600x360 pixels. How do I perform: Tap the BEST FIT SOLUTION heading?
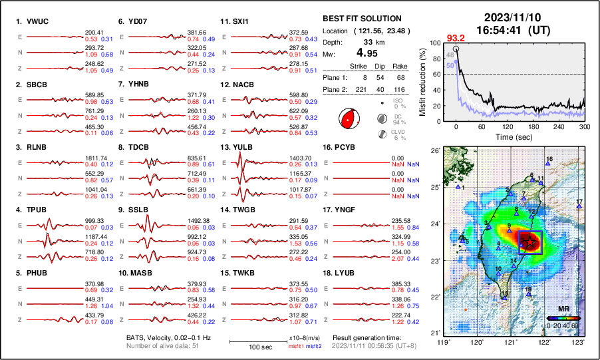(361, 19)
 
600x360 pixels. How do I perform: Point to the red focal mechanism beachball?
(348, 120)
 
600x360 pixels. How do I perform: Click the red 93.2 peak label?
(456, 37)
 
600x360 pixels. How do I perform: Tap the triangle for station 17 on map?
(579, 206)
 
